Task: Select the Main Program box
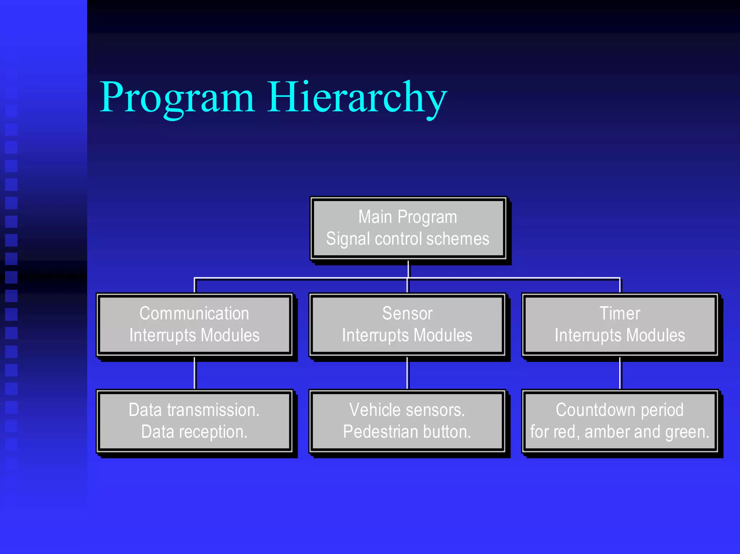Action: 408,228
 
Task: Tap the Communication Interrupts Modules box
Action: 194,324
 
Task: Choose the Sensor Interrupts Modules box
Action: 407,324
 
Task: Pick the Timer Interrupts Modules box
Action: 620,324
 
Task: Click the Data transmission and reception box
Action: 194,421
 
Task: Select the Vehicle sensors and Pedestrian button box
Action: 407,421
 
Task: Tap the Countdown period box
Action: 620,421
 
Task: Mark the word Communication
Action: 194,313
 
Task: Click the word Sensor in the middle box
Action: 407,313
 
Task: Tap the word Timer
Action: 620,313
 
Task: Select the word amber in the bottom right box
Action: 606,432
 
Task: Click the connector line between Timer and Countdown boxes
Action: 620,373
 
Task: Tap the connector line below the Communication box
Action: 195,373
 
